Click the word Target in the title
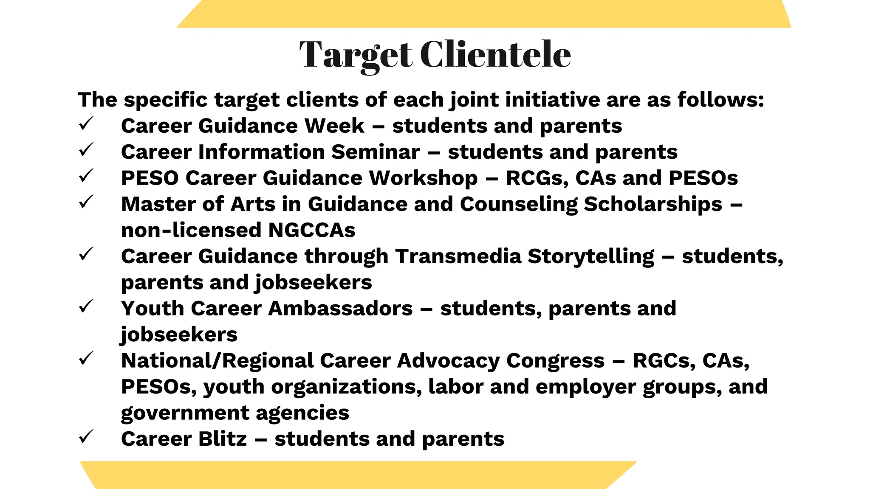pyautogui.click(x=356, y=55)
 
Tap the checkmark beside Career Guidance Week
pyautogui.click(x=86, y=124)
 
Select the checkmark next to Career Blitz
pyautogui.click(x=86, y=437)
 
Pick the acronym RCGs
pyautogui.click(x=537, y=178)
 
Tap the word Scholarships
pyautogui.click(x=653, y=205)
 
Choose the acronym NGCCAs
pyautogui.click(x=311, y=230)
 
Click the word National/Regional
pyautogui.click(x=217, y=361)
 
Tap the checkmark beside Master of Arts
pyautogui.click(x=86, y=202)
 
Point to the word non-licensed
pyautogui.click(x=191, y=230)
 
